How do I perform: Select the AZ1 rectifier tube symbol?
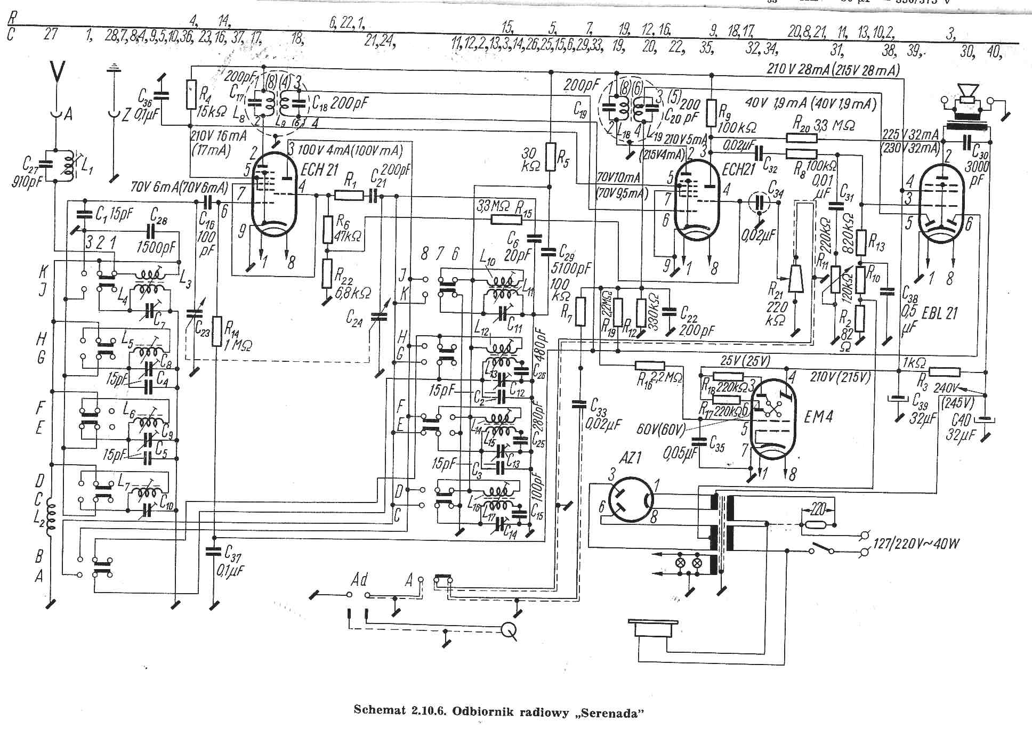(x=631, y=499)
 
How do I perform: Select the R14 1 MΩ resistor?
(x=216, y=331)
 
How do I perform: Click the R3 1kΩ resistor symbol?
(x=945, y=372)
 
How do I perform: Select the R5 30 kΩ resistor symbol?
(x=551, y=157)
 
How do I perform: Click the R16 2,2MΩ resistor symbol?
(x=650, y=366)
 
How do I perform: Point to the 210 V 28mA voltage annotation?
(x=833, y=69)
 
